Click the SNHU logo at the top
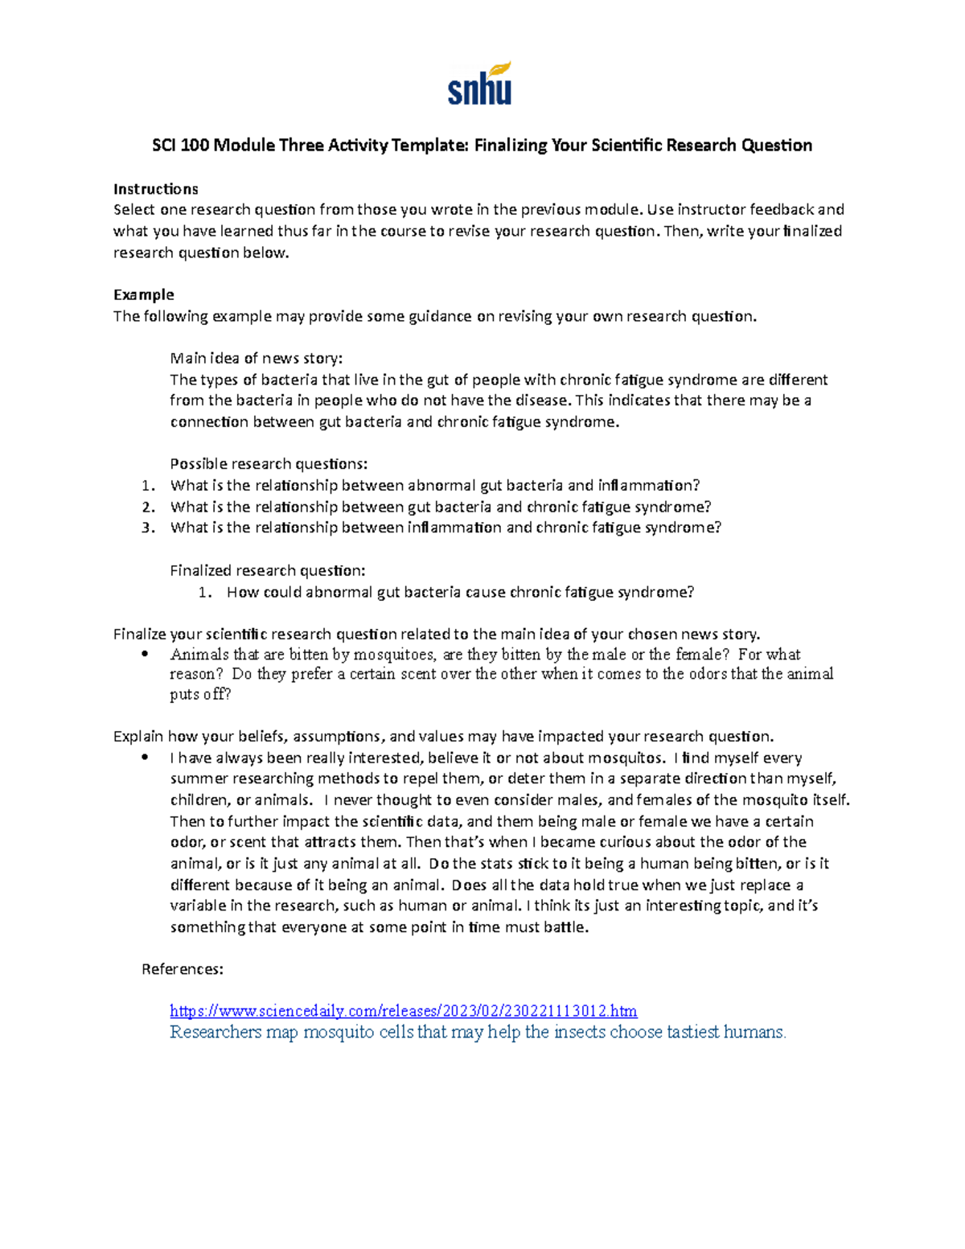click(480, 84)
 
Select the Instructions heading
click(155, 189)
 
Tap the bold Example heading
click(143, 294)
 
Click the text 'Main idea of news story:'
click(257, 359)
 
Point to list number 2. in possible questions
click(148, 507)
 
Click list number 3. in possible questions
click(148, 528)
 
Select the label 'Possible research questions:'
click(269, 464)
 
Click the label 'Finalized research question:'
click(267, 571)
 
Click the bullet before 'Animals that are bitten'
click(146, 655)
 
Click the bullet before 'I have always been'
click(146, 758)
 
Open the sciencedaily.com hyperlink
click(403, 1011)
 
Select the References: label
click(182, 969)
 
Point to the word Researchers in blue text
click(216, 1032)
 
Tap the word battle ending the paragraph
click(566, 927)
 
